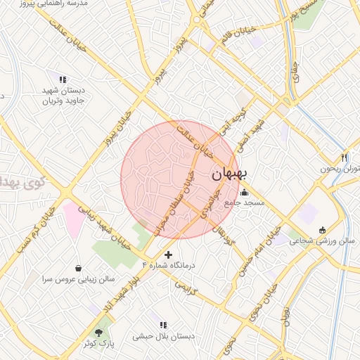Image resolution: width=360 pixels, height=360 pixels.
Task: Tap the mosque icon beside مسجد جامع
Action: click(x=244, y=193)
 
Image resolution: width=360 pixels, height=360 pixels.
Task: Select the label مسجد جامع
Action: click(x=243, y=203)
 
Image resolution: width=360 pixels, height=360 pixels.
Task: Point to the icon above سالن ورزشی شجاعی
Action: click(x=323, y=230)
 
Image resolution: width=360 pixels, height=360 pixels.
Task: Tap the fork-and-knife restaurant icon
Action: click(x=344, y=157)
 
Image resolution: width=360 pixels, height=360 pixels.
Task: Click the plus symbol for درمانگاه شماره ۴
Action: click(x=167, y=254)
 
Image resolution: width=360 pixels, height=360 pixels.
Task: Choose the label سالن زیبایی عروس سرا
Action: click(x=77, y=278)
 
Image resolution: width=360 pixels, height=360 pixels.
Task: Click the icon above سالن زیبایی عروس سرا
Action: click(x=77, y=268)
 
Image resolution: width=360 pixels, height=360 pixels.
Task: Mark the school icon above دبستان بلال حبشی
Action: click(x=163, y=325)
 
